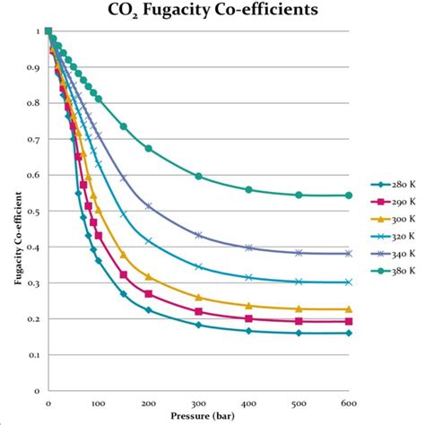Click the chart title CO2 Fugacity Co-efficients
[212, 11]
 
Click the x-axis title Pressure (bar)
[198, 417]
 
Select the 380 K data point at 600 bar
[349, 195]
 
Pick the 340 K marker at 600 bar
[349, 253]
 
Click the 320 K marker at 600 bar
[349, 282]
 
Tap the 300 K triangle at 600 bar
[349, 308]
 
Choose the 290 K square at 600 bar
[349, 321]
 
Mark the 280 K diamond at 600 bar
[349, 333]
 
